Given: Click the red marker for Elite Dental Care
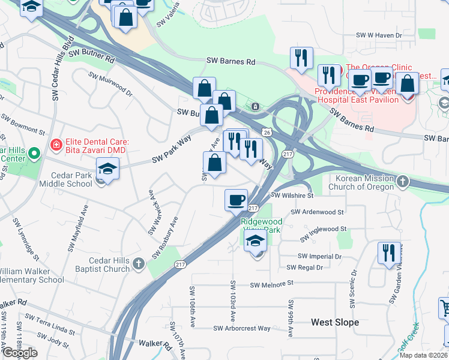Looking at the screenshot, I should click(x=56, y=145).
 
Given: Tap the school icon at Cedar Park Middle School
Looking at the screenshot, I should click(x=108, y=169).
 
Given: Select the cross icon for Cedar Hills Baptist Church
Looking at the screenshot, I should click(x=139, y=263).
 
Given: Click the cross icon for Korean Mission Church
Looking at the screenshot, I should click(x=403, y=181).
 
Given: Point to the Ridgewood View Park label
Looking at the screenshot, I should click(x=261, y=226).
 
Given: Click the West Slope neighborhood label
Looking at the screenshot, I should click(x=335, y=322).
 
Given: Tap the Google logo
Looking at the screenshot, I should click(x=19, y=353).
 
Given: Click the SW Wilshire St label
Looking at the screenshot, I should click(x=293, y=196).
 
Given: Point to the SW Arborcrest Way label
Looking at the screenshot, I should click(x=243, y=328).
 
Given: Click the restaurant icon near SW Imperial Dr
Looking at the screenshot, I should click(x=389, y=253).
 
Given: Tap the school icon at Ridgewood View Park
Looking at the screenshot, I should click(x=256, y=242).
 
